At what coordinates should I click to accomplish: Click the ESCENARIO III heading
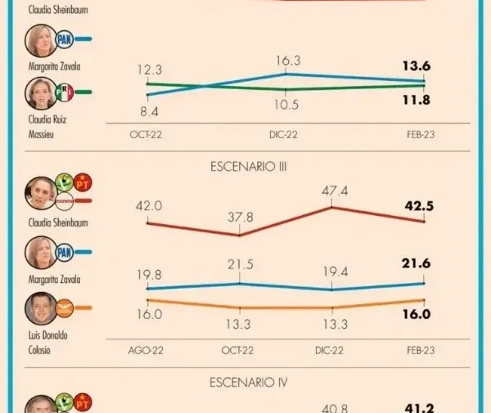coord(248,167)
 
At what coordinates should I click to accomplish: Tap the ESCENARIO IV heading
coord(248,383)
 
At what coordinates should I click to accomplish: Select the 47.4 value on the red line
coord(335,191)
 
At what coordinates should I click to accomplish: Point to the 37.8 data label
coord(240,218)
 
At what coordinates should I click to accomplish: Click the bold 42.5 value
coord(419,206)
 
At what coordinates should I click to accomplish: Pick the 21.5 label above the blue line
coord(240,265)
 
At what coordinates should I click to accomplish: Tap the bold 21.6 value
coord(417,263)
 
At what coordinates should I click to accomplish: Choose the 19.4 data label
coord(336,272)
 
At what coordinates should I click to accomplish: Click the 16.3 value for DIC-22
coord(288,61)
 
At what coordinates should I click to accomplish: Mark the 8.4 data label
coord(150,112)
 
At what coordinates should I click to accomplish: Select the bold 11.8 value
coord(417,100)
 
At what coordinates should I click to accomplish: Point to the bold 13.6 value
coord(417,66)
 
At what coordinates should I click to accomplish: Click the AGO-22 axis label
coord(146,350)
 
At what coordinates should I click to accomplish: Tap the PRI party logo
coord(64,92)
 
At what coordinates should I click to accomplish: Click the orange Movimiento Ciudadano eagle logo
coord(64,308)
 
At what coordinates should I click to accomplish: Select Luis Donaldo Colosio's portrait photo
coord(41,308)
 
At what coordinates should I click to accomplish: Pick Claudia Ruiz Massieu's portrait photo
coord(41,93)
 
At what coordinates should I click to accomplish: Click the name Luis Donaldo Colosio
coord(48,343)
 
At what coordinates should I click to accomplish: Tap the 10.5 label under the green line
coord(286,105)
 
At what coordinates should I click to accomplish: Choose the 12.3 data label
coord(150,70)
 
